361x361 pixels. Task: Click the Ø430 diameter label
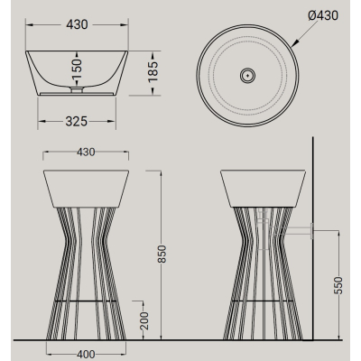tap(323, 15)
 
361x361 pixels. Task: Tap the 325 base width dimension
tap(77, 122)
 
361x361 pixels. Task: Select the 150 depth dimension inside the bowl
tap(77, 69)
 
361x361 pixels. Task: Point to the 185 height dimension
tap(153, 72)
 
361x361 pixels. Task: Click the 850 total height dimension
tap(162, 255)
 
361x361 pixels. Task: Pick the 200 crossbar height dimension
tap(144, 320)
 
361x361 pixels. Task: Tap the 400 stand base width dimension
tap(86, 355)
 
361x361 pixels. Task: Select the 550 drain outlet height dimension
tap(338, 285)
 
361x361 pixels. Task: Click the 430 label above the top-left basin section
tap(77, 24)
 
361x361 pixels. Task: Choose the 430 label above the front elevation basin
tap(86, 153)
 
